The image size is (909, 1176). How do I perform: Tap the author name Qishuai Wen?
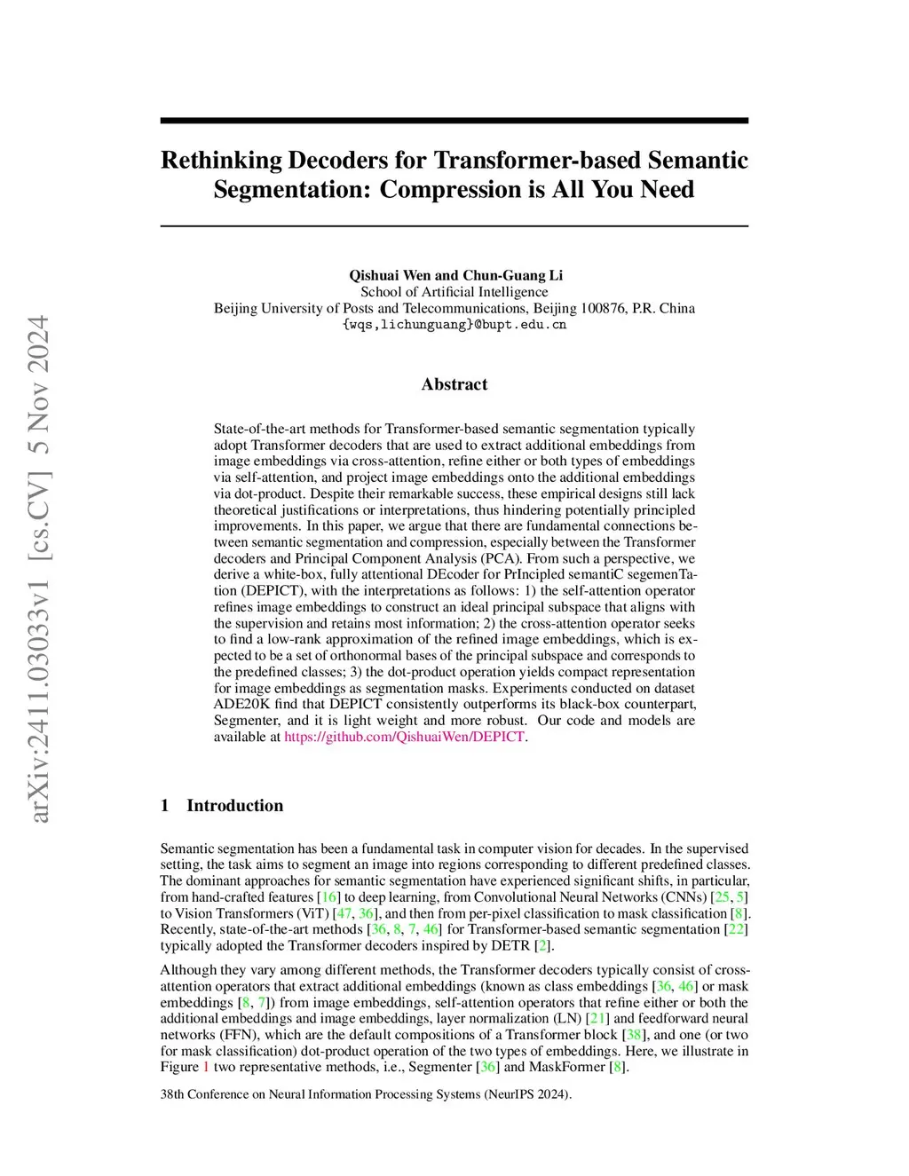pos(387,275)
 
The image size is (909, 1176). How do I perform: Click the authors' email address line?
pos(454,325)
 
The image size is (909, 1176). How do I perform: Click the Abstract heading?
pos(454,384)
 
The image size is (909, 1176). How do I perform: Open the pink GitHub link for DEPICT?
pos(404,737)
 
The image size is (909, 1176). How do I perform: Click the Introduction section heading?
pos(234,806)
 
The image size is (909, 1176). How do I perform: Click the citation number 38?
pos(634,1035)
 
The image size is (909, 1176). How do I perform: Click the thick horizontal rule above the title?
pos(454,121)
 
